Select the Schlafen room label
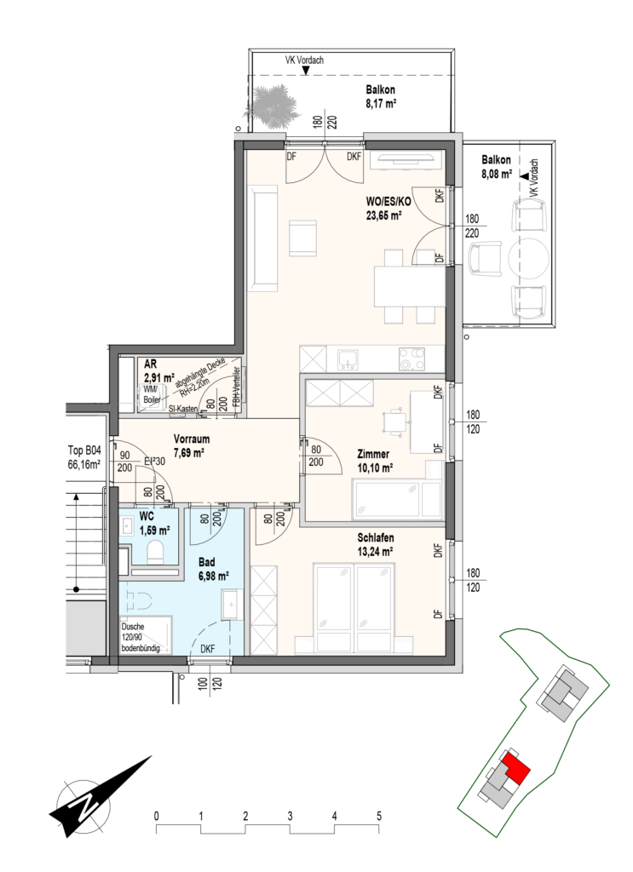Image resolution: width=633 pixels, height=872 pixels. pyautogui.click(x=376, y=537)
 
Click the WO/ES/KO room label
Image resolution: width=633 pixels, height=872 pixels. pyautogui.click(x=388, y=202)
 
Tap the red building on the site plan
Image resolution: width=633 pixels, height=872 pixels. pyautogui.click(x=515, y=769)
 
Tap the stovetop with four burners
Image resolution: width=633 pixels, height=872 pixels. pyautogui.click(x=412, y=359)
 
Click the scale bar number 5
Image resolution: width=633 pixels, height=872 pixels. pyautogui.click(x=379, y=817)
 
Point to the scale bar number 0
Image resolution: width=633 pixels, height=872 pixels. pyautogui.click(x=157, y=817)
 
